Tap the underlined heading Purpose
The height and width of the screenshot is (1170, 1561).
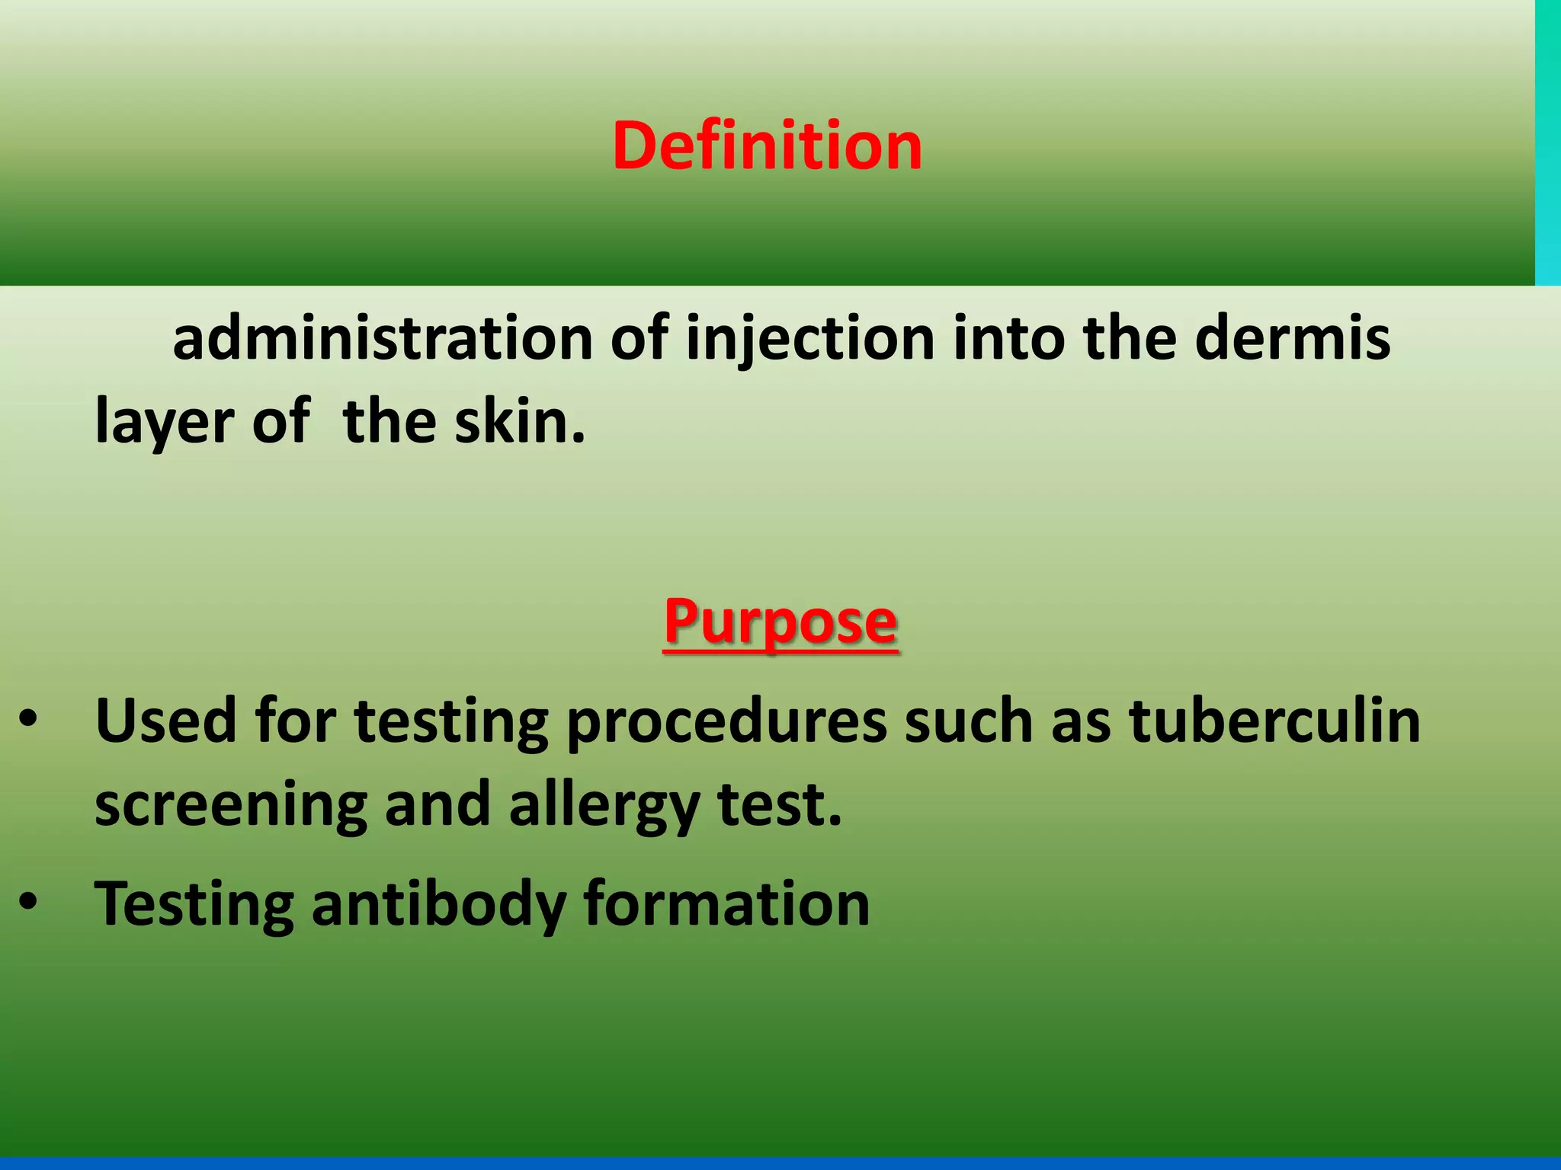(780, 622)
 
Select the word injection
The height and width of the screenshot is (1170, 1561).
(810, 340)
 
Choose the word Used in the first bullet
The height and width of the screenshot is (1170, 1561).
(166, 720)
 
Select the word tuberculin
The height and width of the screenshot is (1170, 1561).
(1274, 720)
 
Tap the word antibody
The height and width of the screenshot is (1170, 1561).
(438, 904)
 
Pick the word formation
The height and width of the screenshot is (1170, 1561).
(726, 903)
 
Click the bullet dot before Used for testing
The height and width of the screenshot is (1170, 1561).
(28, 720)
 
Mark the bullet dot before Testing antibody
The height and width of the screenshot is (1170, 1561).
(28, 903)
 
